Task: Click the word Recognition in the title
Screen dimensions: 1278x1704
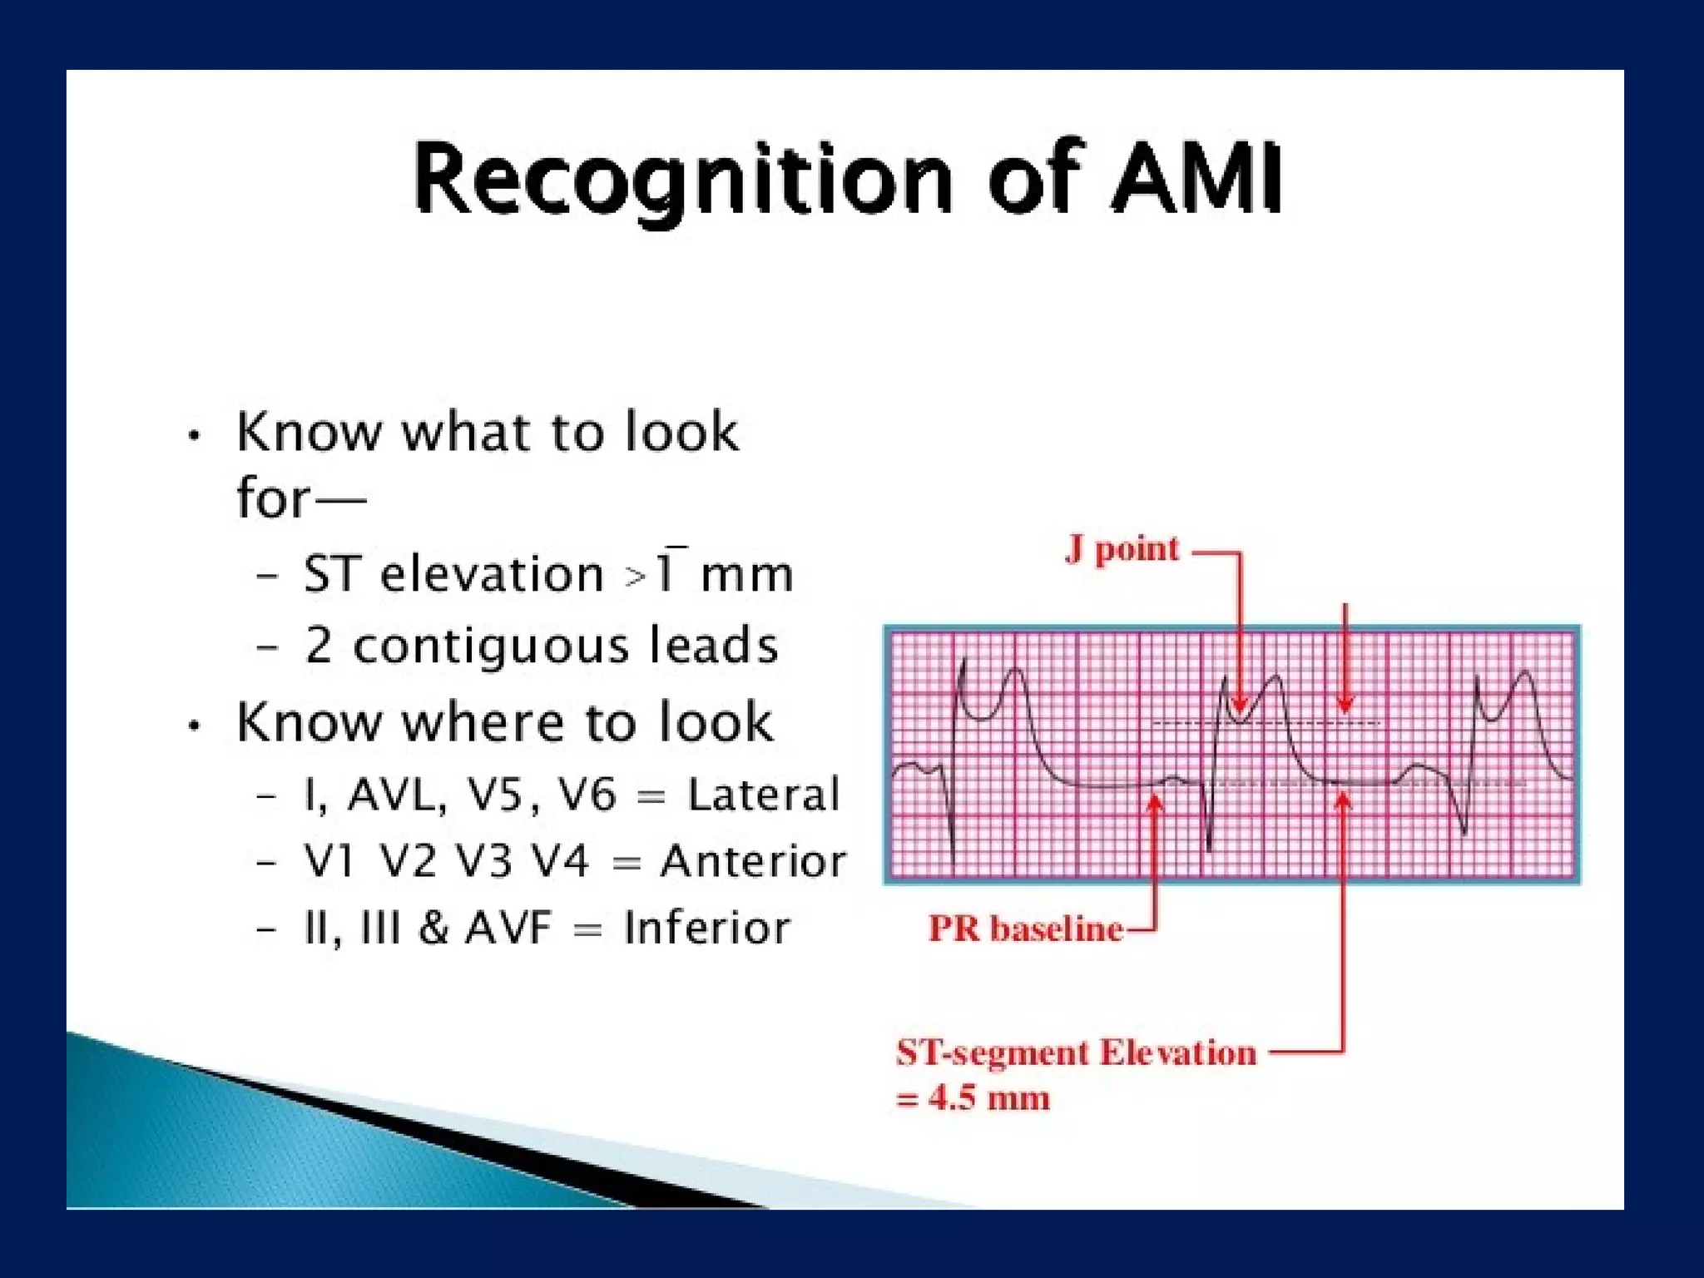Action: (682, 179)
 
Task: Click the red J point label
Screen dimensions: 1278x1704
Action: (1122, 549)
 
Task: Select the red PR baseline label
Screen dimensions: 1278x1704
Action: (1025, 929)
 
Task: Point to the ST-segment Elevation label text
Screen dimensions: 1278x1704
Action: (1076, 1053)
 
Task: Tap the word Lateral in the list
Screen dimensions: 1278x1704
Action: (763, 795)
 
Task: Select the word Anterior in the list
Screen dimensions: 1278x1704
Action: (753, 861)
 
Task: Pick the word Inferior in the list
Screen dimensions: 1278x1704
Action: (706, 928)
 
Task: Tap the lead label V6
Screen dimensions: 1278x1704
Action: (587, 795)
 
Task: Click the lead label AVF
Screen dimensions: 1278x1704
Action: (508, 928)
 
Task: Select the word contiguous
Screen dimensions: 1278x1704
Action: (490, 646)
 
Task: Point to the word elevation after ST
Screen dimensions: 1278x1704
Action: (491, 574)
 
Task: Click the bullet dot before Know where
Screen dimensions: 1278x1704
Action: (194, 726)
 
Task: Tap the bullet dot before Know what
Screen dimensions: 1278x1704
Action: (194, 435)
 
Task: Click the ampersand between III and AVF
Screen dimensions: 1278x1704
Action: (433, 928)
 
